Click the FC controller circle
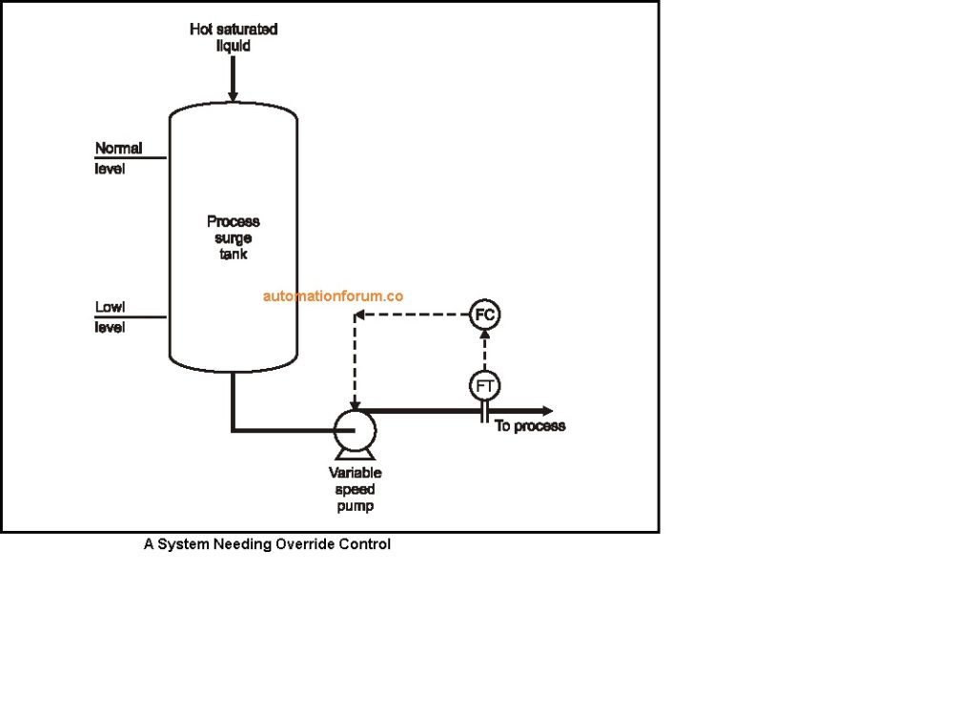[484, 314]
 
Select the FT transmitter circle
[484, 385]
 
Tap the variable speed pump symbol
[355, 430]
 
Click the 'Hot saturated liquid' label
[234, 37]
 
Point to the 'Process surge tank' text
[234, 237]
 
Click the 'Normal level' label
[118, 158]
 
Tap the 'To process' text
[530, 426]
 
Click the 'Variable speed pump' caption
[355, 489]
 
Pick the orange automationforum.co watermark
[334, 296]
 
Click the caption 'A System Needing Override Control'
[267, 544]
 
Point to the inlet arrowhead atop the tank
[233, 95]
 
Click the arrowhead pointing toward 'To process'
[547, 411]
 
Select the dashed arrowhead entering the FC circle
[484, 335]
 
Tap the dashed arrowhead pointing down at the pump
[355, 404]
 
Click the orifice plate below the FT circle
[484, 411]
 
